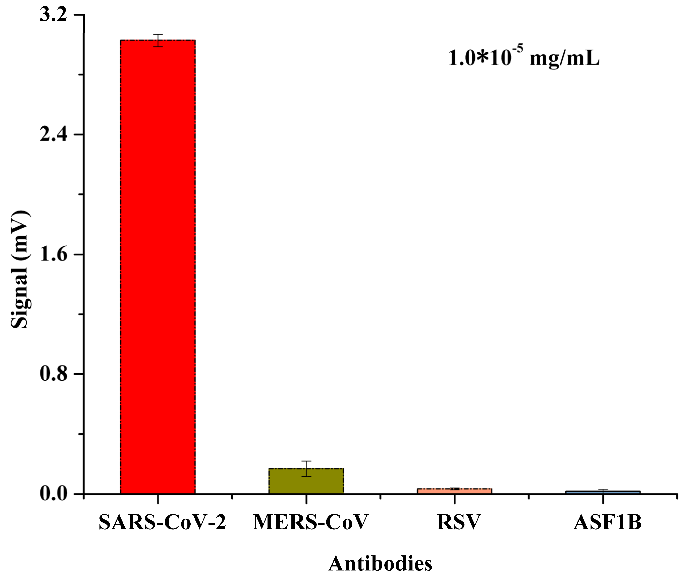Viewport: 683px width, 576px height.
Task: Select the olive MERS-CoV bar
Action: pos(306,481)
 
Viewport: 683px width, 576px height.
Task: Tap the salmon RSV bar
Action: pos(454,491)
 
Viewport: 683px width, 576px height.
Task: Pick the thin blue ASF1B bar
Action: pos(603,492)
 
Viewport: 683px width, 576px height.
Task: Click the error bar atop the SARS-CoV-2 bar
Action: pos(158,40)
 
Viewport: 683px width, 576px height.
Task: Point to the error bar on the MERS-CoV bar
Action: pos(306,469)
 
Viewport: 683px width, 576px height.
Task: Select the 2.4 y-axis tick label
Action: pos(53,134)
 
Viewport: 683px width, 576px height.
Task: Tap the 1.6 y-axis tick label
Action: pos(53,254)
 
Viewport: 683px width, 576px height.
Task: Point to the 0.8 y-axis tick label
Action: pos(53,374)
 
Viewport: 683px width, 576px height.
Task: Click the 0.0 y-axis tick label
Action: pos(53,493)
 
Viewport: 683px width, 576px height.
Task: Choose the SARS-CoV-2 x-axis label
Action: pos(162,523)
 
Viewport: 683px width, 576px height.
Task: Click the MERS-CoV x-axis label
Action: pos(310,523)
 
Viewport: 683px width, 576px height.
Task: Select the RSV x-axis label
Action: pos(459,523)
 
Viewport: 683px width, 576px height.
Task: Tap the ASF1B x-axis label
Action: pos(607,523)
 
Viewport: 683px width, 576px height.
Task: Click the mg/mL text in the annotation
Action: pos(564,59)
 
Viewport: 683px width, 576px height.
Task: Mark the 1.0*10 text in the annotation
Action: pos(480,59)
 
